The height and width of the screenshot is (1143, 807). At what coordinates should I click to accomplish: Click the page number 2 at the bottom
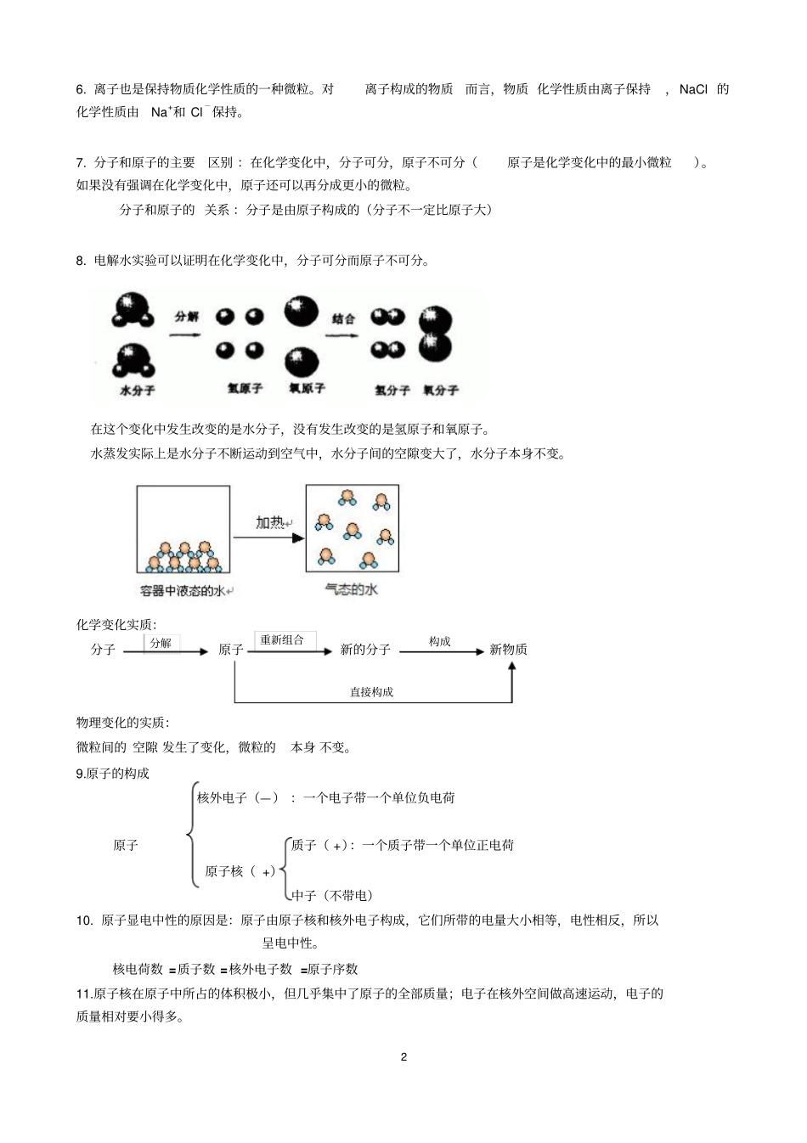point(403,1057)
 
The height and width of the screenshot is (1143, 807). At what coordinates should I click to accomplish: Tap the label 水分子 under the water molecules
point(138,391)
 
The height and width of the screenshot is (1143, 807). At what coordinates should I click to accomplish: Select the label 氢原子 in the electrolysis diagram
point(245,388)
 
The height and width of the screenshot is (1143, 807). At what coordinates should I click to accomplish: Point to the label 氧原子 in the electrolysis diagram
point(307,388)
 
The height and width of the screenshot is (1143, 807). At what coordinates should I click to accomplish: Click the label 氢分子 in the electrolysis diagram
point(392,391)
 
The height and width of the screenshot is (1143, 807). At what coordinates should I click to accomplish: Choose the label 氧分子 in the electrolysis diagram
point(441,391)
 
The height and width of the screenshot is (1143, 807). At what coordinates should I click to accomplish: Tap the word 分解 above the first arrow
point(186,317)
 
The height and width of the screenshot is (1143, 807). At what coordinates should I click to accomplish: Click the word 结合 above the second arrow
point(343,319)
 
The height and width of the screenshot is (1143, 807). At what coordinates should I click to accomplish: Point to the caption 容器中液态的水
point(183,591)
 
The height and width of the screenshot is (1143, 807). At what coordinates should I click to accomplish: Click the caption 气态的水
point(351,589)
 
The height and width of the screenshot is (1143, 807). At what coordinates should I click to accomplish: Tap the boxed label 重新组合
point(282,640)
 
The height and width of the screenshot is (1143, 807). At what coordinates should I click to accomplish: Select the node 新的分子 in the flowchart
point(365,650)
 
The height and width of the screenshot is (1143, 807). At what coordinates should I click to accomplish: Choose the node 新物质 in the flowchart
point(508,650)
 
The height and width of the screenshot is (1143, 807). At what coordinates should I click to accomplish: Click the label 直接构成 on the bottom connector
point(371,692)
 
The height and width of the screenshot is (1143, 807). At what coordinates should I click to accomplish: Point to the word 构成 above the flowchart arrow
point(439,642)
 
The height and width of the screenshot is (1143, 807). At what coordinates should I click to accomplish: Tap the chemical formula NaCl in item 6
point(693,89)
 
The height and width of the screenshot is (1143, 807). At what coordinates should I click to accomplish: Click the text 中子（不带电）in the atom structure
point(332,895)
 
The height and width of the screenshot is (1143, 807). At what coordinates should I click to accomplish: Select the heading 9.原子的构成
point(112,774)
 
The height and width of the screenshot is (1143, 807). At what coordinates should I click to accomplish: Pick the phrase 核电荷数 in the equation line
point(138,969)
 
